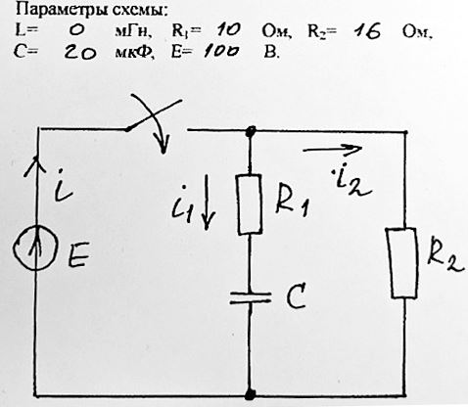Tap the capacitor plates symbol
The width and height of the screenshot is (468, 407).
click(x=251, y=297)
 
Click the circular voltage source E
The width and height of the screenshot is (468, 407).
click(x=36, y=249)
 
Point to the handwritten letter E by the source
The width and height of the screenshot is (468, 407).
click(x=77, y=255)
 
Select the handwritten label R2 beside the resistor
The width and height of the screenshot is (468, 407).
click(x=445, y=259)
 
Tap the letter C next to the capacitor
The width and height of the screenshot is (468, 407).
click(x=297, y=296)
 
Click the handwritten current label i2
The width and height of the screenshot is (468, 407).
click(x=350, y=182)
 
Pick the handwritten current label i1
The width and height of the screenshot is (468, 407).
click(x=183, y=204)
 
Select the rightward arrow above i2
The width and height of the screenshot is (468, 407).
click(x=332, y=149)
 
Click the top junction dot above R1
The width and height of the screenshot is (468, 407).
click(x=251, y=131)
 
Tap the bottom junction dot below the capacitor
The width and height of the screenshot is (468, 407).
click(x=250, y=394)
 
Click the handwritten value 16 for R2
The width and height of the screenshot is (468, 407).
click(x=368, y=32)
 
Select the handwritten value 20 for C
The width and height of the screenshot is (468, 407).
click(x=80, y=52)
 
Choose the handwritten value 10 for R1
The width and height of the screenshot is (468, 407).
click(x=228, y=30)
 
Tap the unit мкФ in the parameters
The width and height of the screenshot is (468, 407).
click(x=134, y=53)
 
